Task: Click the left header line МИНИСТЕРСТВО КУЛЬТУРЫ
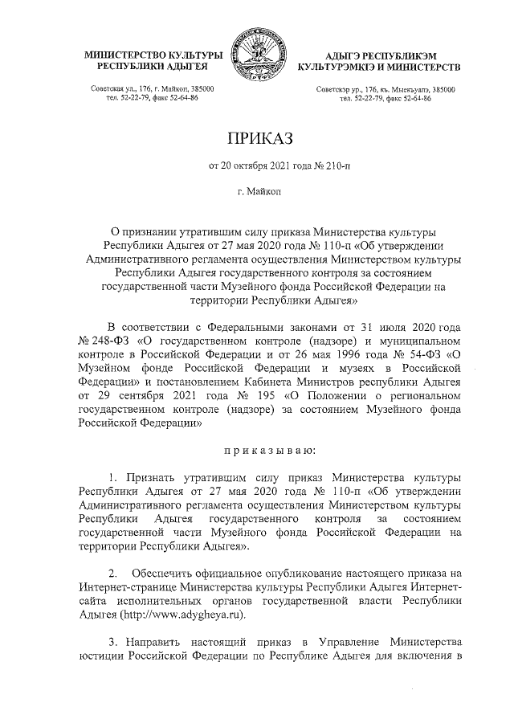(153, 52)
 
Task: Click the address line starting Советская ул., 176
(153, 88)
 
